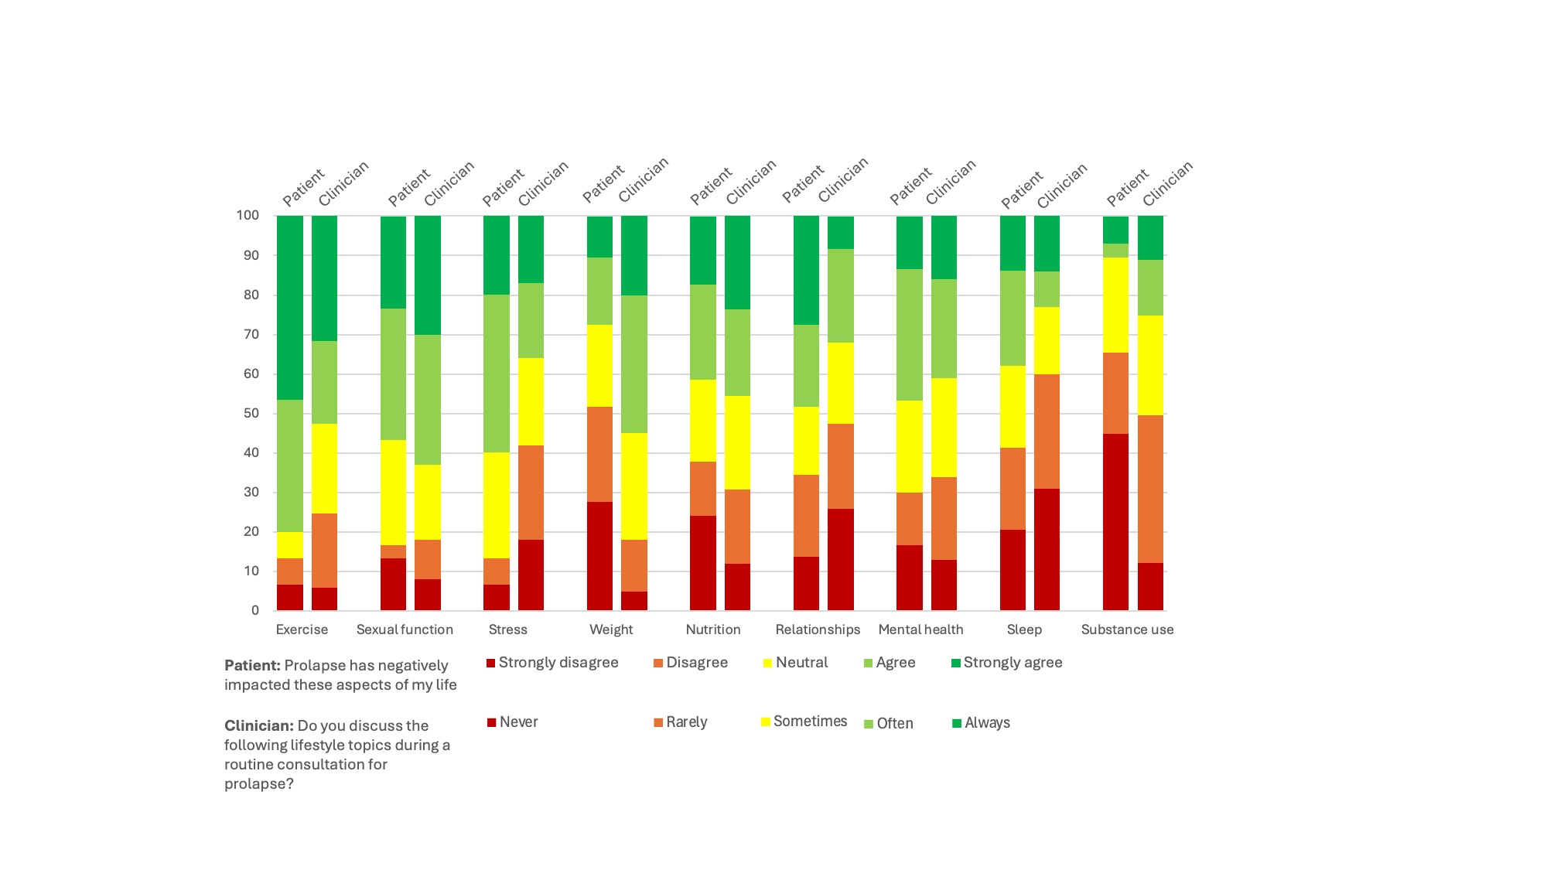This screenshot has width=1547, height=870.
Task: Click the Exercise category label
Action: point(302,629)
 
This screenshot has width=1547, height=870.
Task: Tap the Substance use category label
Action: point(1127,629)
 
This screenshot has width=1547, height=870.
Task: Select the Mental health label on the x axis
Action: point(920,629)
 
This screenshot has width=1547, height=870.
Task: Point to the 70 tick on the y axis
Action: point(249,334)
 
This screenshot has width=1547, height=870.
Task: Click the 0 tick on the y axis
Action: point(254,610)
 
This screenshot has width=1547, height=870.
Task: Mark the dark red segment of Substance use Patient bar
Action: point(1115,522)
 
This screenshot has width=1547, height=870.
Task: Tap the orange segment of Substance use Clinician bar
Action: point(1150,489)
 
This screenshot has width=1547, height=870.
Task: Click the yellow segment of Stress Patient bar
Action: point(497,505)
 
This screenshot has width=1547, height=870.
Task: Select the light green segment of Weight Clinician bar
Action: point(634,364)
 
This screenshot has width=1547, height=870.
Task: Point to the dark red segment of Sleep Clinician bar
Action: point(1047,549)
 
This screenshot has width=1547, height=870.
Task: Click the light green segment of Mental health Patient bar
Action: point(910,335)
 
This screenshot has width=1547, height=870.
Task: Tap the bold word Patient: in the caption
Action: point(252,666)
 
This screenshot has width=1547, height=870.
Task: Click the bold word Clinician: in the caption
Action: point(259,726)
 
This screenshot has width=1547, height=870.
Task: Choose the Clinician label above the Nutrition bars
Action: point(751,183)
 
